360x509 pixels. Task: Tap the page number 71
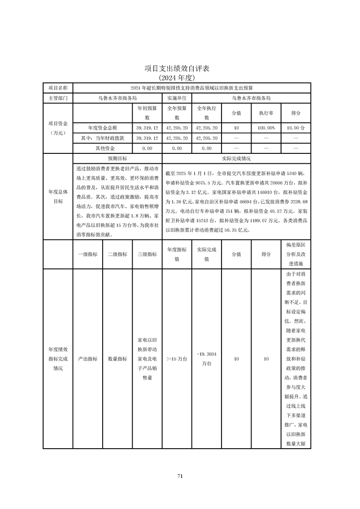(180, 476)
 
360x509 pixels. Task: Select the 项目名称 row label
(58, 88)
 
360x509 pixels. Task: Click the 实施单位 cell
(177, 98)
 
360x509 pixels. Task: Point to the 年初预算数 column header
(147, 113)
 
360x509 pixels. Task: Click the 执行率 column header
(266, 113)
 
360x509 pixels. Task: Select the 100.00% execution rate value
(266, 128)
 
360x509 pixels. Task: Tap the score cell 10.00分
(296, 128)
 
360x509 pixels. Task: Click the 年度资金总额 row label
(102, 128)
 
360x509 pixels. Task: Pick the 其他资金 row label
(102, 148)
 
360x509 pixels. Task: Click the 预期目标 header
(117, 159)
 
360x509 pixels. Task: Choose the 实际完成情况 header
(236, 159)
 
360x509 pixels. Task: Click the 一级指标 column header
(88, 254)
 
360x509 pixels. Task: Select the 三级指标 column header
(147, 254)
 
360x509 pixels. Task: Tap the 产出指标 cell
(88, 359)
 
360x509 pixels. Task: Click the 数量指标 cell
(117, 359)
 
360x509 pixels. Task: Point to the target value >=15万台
(177, 359)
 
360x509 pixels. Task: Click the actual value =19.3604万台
(207, 359)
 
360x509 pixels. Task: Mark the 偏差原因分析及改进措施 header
(296, 254)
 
